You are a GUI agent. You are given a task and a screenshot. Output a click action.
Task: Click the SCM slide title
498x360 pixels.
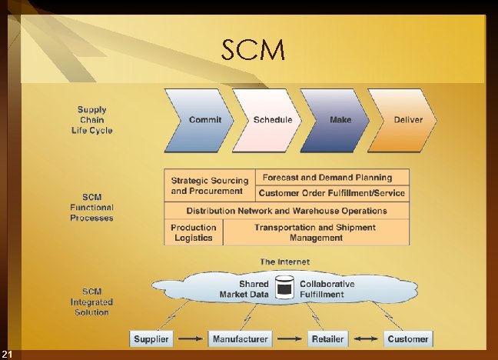tap(253, 51)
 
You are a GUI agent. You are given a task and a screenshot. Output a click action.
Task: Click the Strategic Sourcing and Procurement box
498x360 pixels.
tap(207, 185)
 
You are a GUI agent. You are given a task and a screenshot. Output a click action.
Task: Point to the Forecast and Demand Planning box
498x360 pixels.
tap(331, 178)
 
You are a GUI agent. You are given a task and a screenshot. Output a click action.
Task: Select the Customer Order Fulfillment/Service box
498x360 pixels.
tap(331, 193)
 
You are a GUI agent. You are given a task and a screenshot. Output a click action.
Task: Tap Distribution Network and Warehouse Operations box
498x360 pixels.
tap(287, 211)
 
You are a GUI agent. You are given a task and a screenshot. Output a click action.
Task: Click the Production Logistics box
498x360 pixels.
tap(193, 232)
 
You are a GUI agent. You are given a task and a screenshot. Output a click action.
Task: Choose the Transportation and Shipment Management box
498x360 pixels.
tap(315, 232)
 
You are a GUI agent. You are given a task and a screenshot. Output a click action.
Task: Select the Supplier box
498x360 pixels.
tap(151, 338)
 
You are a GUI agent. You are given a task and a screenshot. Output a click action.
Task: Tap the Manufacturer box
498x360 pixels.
tap(240, 338)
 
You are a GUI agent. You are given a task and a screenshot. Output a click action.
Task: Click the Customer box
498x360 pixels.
tap(407, 338)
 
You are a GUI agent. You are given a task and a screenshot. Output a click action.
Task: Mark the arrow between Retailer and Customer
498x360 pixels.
tap(365, 338)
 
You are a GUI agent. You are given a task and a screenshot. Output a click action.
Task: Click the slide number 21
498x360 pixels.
tap(7, 354)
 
